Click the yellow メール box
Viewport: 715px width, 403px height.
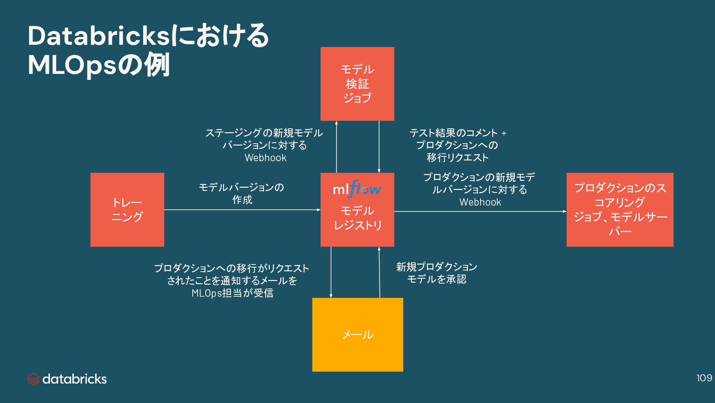(x=357, y=334)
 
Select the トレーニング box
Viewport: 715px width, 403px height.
(x=127, y=209)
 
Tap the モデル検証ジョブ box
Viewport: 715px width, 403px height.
(x=357, y=84)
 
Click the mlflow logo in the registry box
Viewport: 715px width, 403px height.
(x=357, y=189)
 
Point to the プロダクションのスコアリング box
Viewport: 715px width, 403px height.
(x=620, y=209)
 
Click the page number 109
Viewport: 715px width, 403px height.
(x=704, y=378)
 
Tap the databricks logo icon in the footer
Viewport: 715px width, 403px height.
(x=33, y=379)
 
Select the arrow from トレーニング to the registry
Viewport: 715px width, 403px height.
(x=242, y=210)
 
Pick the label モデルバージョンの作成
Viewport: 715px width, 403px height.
(x=242, y=193)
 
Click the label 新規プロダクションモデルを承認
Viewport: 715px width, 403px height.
(x=437, y=273)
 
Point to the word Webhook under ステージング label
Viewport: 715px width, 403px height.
(x=265, y=158)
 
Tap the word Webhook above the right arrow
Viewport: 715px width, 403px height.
(x=480, y=202)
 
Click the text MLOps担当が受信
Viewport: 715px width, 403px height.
(x=232, y=293)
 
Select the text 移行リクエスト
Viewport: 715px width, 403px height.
(x=457, y=158)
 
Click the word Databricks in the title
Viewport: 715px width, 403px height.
(x=98, y=36)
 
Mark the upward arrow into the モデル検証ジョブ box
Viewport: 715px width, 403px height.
(x=336, y=147)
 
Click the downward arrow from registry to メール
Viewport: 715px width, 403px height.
(x=331, y=272)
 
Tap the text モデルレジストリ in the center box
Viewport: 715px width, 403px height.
(x=357, y=218)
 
